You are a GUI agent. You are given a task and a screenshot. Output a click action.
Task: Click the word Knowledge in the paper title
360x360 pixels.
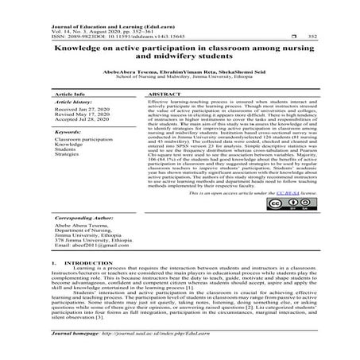(80, 48)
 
